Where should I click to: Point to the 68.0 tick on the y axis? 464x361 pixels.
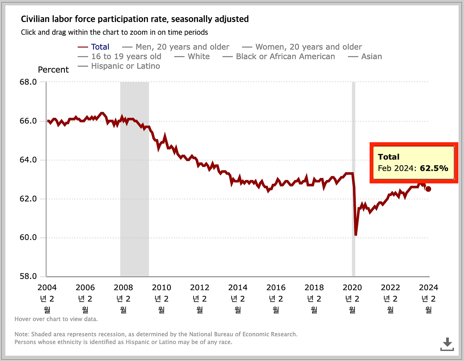(28, 82)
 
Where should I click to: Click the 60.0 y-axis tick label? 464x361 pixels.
(28, 238)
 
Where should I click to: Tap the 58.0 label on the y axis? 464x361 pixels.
(28, 276)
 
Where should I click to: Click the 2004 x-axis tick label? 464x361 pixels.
(47, 288)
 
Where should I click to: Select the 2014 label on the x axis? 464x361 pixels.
(238, 288)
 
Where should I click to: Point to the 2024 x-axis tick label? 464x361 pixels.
(428, 288)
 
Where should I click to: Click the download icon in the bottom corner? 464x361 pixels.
(447, 344)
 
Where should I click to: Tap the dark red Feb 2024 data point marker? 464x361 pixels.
(428, 189)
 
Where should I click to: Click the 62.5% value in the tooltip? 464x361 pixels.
(434, 169)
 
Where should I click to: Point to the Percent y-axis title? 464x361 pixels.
(53, 70)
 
